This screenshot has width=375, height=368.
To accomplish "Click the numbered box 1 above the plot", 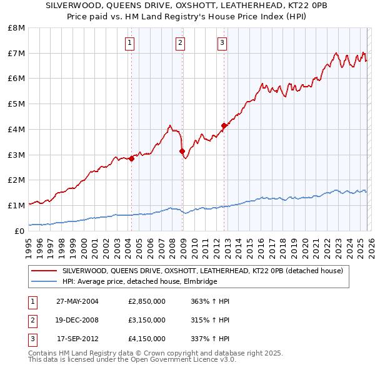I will point(129,43).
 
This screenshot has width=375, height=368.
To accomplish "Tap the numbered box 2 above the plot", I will point(180,43).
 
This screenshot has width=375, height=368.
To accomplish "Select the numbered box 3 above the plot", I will point(222,43).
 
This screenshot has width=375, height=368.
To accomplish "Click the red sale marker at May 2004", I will point(132,158).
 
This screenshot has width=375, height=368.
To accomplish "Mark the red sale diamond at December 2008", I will point(182,151).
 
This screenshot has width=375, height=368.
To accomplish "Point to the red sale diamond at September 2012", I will point(224,125).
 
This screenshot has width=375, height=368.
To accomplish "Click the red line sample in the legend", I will point(45,271).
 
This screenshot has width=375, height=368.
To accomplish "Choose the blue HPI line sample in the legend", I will point(45,282).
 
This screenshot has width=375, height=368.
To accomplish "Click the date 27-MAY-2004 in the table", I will point(77,301).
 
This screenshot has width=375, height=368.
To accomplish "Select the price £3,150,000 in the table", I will point(146,320).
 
